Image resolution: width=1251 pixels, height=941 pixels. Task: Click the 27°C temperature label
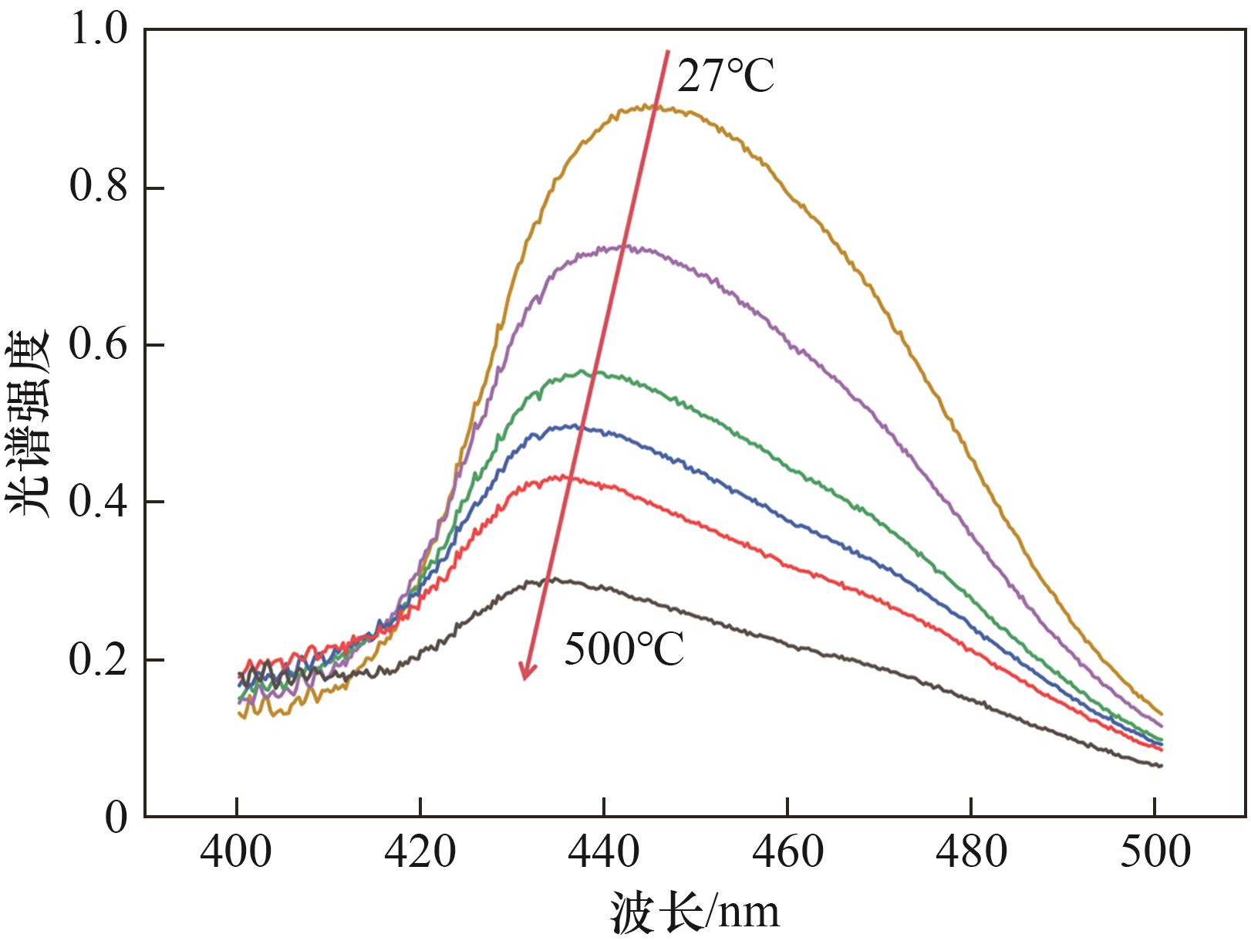coord(725,76)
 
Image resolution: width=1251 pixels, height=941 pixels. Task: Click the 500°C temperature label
coord(624,649)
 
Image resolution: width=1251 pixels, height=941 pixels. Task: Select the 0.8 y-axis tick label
coord(98,188)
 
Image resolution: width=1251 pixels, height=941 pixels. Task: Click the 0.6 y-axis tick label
coord(98,344)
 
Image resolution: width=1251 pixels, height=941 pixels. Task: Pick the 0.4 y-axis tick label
coord(98,502)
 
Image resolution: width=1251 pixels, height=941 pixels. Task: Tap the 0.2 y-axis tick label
coord(98,660)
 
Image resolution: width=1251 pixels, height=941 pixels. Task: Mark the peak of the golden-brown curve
coord(652,106)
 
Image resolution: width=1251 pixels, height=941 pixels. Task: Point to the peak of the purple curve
coord(625,247)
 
